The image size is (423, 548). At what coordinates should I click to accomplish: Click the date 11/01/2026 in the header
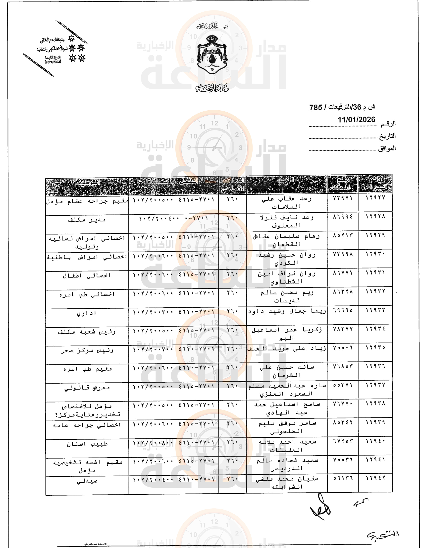(356, 120)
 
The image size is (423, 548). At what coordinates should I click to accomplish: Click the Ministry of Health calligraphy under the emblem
(212, 88)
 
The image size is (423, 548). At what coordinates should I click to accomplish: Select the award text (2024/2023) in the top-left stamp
(53, 62)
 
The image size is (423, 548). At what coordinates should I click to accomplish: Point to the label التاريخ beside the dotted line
(387, 136)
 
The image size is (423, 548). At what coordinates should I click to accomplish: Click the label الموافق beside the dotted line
(387, 148)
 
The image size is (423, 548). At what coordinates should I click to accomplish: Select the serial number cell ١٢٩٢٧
(375, 198)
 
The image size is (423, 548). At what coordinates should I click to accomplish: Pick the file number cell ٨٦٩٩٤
(343, 216)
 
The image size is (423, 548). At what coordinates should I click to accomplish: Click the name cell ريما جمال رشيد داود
(287, 311)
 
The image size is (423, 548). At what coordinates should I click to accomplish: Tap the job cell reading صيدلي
(87, 481)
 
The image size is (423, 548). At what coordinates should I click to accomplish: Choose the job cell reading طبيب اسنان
(87, 444)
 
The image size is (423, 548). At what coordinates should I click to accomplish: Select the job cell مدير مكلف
(87, 220)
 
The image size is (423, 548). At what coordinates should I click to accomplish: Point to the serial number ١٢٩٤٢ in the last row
(375, 478)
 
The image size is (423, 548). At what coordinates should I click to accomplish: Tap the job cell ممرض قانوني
(87, 388)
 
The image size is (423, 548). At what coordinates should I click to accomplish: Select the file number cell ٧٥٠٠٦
(343, 347)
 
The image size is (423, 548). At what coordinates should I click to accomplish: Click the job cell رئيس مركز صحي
(87, 350)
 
